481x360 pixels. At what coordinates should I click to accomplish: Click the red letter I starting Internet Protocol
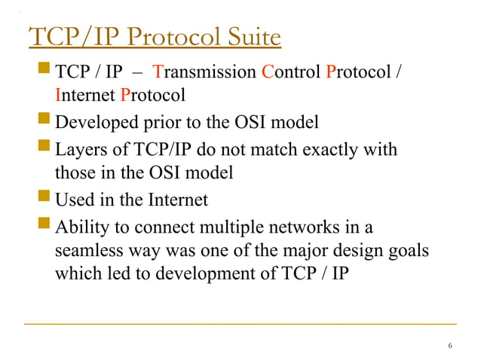pos(58,96)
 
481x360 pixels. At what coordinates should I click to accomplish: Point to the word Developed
pos(93,122)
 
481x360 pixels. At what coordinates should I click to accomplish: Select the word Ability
pos(81,226)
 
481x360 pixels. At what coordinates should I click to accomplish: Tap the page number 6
pos(450,346)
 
